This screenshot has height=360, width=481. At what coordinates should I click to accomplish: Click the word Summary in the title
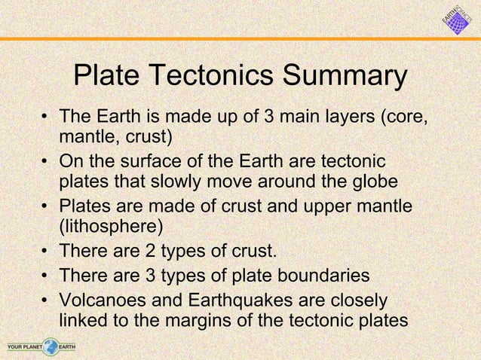[x=344, y=77]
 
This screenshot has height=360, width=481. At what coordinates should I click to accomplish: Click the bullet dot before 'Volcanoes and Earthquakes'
[x=47, y=301]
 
